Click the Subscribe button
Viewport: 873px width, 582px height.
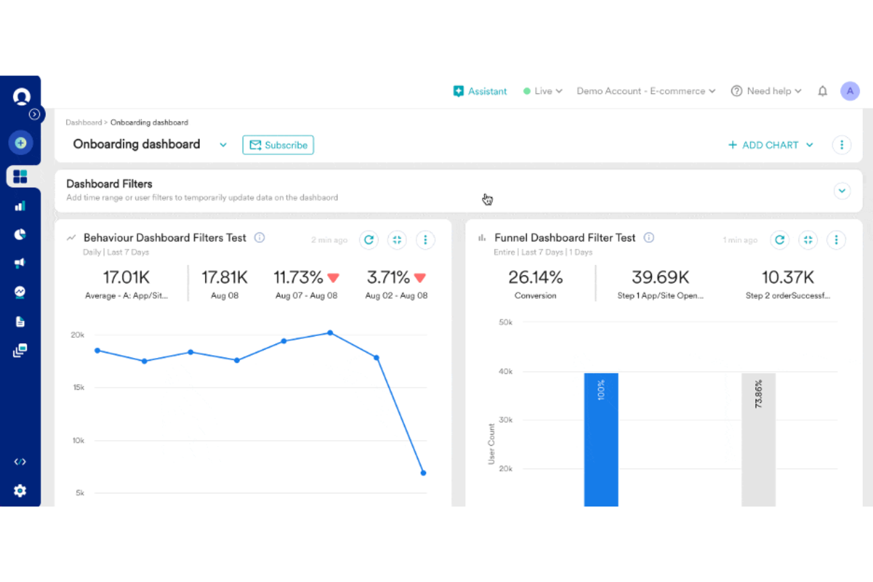pos(278,145)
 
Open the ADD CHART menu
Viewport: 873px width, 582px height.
pos(770,145)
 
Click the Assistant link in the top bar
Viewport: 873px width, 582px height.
pos(480,91)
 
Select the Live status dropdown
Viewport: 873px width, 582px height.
pos(543,91)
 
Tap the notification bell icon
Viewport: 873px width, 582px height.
pos(822,91)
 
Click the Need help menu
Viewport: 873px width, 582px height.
pos(766,91)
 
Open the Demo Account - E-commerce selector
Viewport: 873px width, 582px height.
pos(646,91)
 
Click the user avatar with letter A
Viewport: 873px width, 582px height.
pos(849,91)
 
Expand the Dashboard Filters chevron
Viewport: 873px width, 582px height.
pos(842,191)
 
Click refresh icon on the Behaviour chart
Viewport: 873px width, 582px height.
pos(369,240)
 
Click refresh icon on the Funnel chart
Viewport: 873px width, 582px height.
pos(779,240)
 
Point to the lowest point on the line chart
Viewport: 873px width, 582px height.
pos(423,473)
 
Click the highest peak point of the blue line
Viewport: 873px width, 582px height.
pos(330,333)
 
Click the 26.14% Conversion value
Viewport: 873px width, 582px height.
pos(536,277)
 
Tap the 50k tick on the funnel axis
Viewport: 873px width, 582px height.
pos(506,323)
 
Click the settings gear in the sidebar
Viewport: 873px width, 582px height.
pos(20,491)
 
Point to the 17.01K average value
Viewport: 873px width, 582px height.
pos(126,277)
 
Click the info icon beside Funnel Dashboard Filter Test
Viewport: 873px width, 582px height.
pos(649,238)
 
